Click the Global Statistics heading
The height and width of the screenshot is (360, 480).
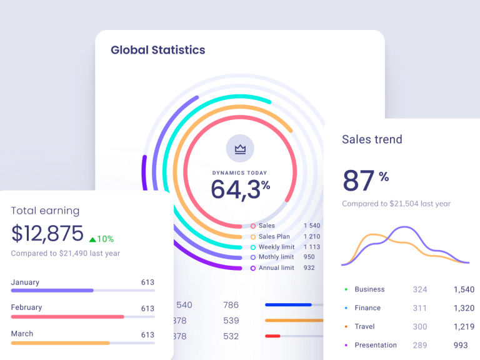(157, 50)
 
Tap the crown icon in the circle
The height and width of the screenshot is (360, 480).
(240, 149)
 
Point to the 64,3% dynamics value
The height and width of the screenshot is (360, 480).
(240, 189)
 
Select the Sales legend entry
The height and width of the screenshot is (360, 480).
(266, 226)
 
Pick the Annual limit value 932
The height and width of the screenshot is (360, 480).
(309, 268)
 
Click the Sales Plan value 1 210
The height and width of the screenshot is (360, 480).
(312, 237)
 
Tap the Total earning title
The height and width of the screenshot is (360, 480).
(45, 211)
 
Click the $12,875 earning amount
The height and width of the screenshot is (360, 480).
(47, 234)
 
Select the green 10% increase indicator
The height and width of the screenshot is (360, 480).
(102, 239)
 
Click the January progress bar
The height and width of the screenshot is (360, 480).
(82, 291)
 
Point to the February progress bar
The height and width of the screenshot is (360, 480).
(82, 317)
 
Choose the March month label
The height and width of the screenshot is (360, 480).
(22, 334)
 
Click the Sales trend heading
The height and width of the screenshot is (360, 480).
(372, 139)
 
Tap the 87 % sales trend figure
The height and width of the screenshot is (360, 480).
(366, 180)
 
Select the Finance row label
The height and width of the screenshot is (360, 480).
(367, 308)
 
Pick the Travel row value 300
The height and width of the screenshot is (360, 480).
(420, 326)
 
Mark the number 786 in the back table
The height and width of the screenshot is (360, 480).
(231, 305)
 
